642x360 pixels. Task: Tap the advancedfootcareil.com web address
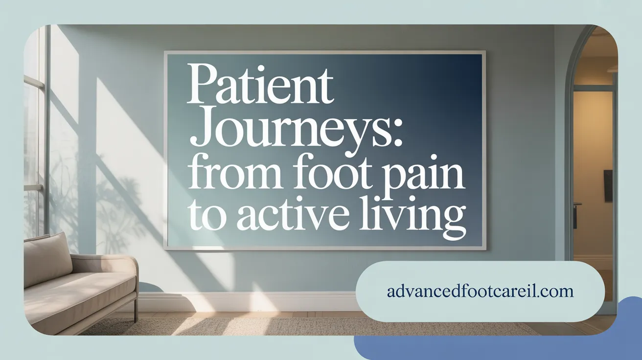[x=480, y=292]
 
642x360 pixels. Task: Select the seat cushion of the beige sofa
[x=78, y=294]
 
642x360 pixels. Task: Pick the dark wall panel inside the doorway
[x=607, y=185]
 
